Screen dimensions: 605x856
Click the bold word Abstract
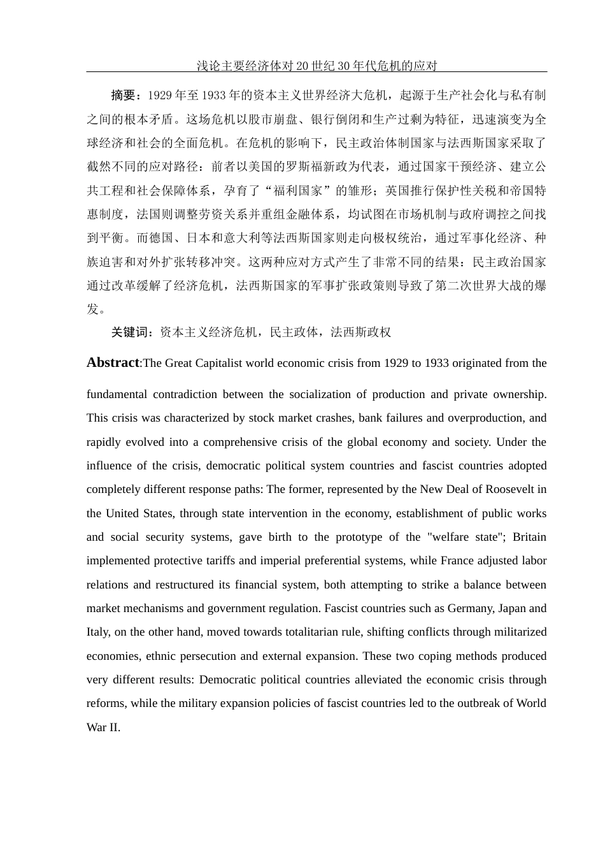tap(113, 362)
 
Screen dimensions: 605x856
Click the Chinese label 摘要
tap(124, 96)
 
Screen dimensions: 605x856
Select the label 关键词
tap(129, 332)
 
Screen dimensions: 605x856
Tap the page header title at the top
tap(317, 66)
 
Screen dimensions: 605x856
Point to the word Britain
tap(529, 537)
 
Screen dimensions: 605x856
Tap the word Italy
tap(97, 632)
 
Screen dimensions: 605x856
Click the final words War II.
tap(103, 727)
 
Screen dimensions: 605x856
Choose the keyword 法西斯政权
tap(360, 332)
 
